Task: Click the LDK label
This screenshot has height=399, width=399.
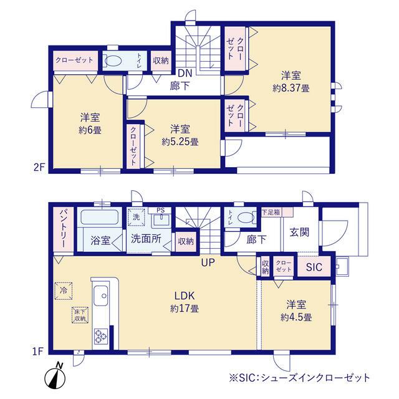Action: click(x=185, y=296)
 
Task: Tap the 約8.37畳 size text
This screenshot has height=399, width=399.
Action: click(x=291, y=89)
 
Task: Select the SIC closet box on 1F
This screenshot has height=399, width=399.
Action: click(x=314, y=267)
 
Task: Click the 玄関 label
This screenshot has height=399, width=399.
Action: click(x=299, y=232)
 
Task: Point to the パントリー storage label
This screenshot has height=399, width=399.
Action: click(x=64, y=229)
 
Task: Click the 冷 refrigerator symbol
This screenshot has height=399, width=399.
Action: click(x=64, y=291)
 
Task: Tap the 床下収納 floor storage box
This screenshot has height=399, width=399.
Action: click(x=80, y=315)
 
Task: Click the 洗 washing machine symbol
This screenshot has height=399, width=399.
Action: click(x=137, y=218)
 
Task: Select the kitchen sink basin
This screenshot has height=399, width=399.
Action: click(x=100, y=296)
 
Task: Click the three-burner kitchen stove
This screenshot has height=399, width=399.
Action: click(x=101, y=336)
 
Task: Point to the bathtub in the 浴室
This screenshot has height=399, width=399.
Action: click(x=99, y=217)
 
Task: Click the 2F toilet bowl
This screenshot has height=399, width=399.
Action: click(x=113, y=61)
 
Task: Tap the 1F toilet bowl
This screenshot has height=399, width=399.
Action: click(x=246, y=218)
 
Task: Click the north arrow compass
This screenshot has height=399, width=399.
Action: click(x=55, y=377)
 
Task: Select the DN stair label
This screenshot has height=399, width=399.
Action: click(x=185, y=74)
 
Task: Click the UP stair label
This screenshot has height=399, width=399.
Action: click(x=208, y=262)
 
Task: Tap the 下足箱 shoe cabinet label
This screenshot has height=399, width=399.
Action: click(x=271, y=212)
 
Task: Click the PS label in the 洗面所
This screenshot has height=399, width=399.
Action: click(x=160, y=210)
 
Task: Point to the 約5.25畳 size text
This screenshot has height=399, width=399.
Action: click(x=180, y=142)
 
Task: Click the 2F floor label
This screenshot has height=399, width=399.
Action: click(x=39, y=168)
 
